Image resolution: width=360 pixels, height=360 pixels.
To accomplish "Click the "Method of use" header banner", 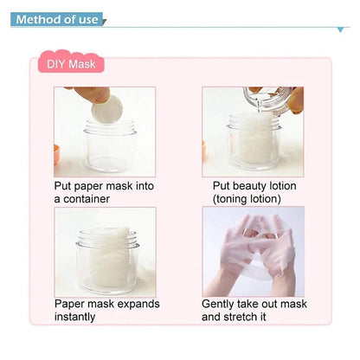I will click(56, 19).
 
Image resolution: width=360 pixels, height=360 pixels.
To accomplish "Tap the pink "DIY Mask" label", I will click(70, 64).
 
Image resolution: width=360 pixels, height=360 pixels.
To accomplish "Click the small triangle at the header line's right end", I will click(340, 29).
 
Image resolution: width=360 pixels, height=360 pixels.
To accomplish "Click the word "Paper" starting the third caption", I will click(70, 304).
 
